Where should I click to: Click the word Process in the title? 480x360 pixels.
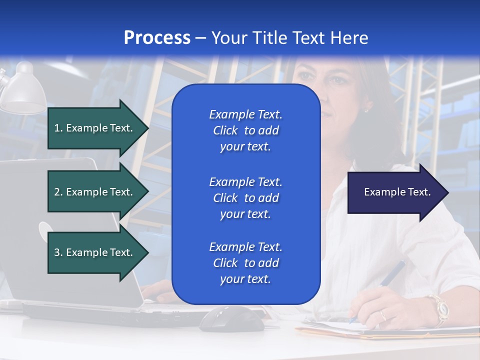157,38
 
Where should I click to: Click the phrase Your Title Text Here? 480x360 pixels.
289,38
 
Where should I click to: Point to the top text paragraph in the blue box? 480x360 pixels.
245,130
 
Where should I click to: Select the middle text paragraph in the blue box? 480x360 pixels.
245,198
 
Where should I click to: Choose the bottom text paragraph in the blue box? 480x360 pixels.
245,263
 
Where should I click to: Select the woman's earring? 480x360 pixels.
366,109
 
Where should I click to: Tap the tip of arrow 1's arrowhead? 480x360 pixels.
148,128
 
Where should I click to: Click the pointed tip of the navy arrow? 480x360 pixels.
448,192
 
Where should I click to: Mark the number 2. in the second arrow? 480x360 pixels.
58,192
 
